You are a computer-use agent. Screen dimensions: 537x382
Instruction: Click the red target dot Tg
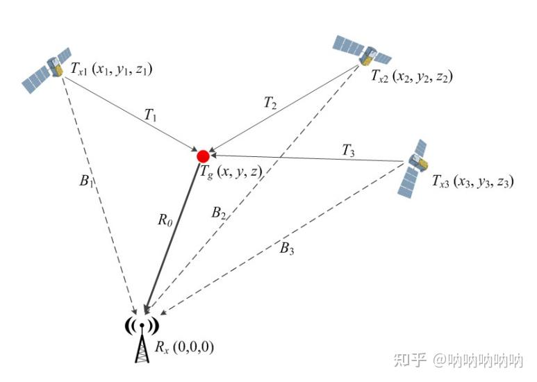click(203, 156)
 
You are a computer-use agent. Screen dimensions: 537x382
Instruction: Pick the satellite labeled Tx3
click(415, 167)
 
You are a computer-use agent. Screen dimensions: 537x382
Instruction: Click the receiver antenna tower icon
click(142, 340)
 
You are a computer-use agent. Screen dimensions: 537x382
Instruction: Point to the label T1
click(150, 116)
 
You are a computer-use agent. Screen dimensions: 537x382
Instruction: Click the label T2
click(270, 103)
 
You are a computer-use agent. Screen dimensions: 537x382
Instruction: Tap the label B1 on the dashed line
click(85, 183)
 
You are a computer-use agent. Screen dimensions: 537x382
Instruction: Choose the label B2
click(219, 213)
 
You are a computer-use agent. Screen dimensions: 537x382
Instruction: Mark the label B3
click(287, 249)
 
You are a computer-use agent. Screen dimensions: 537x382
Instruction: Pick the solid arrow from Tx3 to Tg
click(306, 159)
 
